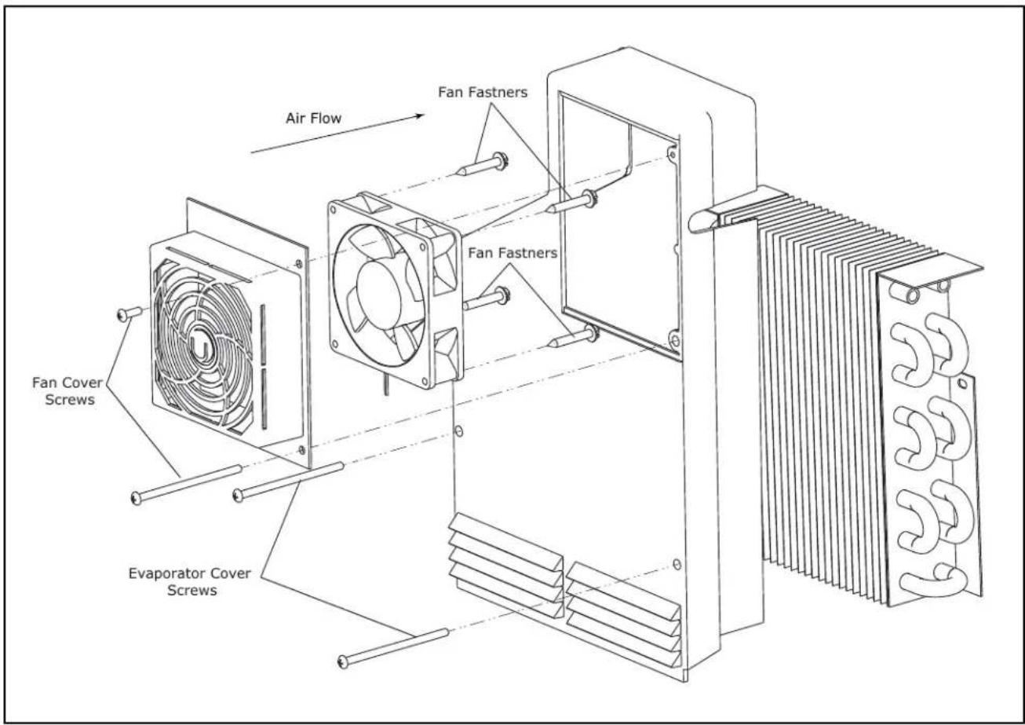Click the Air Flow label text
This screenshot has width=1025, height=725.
(313, 118)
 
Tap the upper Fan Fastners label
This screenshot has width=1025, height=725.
(483, 92)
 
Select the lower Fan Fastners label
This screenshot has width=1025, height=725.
(512, 253)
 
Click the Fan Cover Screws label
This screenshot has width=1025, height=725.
(67, 391)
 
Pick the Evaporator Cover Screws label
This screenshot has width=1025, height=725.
(190, 581)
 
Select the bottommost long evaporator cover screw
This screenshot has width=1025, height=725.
(393, 647)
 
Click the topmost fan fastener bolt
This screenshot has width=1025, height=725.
(482, 165)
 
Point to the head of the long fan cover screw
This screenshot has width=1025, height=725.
(136, 498)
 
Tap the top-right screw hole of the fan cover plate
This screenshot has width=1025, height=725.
(299, 263)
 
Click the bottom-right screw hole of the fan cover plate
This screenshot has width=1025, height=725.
(301, 450)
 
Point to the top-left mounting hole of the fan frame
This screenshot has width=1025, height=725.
(333, 210)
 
